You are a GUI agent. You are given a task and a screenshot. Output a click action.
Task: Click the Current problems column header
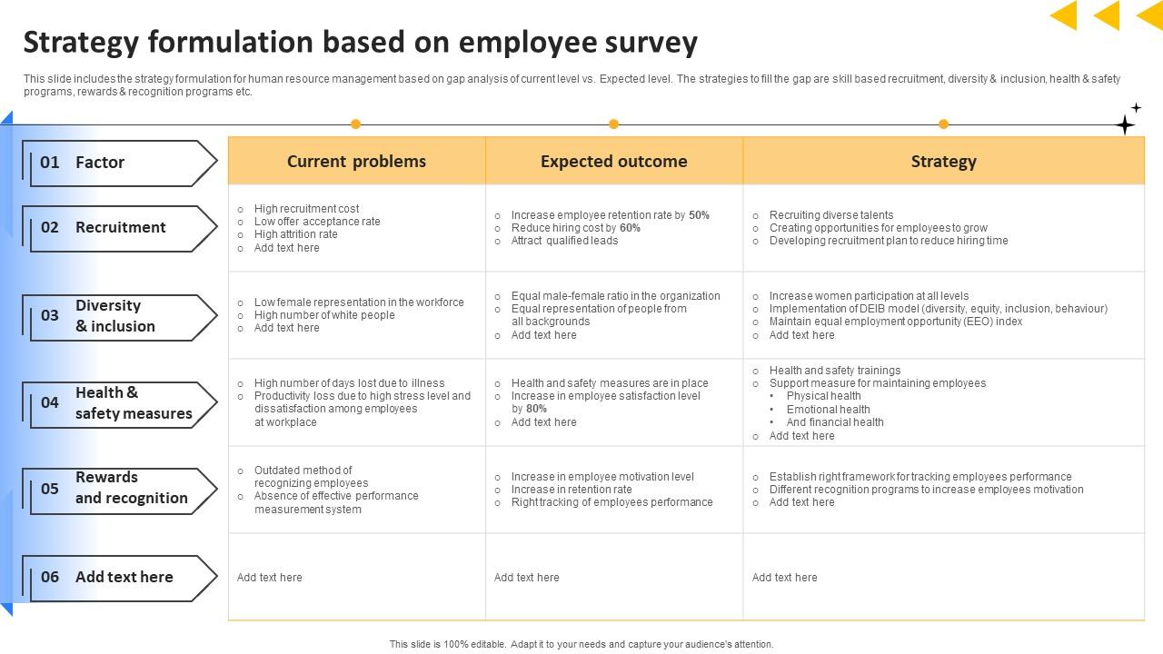(356, 162)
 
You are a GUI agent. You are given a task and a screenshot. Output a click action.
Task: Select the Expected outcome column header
(613, 162)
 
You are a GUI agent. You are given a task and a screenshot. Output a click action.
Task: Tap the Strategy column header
(943, 162)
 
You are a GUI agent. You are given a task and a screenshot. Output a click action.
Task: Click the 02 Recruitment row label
(119, 228)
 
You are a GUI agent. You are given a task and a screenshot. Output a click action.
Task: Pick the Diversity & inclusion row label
(115, 316)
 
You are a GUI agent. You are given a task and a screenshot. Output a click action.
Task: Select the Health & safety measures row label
(133, 403)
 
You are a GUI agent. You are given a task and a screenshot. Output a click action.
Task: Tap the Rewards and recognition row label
(131, 488)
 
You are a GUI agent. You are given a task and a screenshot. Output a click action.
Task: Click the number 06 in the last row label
(50, 577)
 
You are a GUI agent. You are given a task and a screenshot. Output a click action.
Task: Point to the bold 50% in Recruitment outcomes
(699, 215)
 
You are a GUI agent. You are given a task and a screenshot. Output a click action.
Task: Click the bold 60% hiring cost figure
(630, 228)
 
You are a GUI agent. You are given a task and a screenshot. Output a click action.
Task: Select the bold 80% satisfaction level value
(536, 409)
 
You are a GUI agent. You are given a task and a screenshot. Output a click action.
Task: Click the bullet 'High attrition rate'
(295, 234)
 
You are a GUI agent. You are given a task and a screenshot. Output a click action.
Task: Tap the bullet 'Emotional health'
(828, 409)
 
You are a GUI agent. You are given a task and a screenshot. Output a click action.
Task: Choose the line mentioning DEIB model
(938, 309)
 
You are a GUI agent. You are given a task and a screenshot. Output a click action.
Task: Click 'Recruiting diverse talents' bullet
(830, 215)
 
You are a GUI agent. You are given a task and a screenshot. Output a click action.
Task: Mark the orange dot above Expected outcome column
(613, 124)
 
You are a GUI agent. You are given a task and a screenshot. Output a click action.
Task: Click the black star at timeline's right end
(1125, 124)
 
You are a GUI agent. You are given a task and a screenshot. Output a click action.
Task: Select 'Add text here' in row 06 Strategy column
(784, 578)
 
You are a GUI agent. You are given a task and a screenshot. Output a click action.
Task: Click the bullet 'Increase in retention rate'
(571, 490)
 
